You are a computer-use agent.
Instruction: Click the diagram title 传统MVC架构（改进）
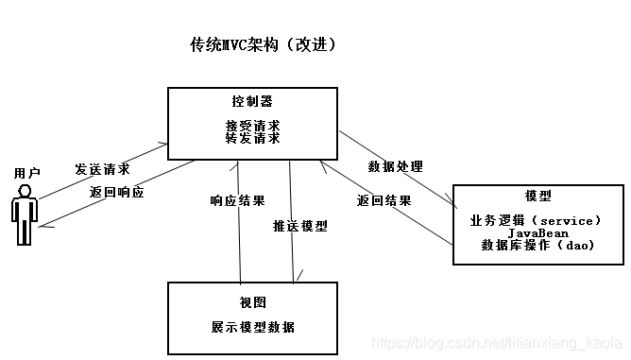263,45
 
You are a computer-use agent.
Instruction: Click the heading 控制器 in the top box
252,101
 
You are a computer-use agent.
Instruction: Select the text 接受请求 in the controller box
252,125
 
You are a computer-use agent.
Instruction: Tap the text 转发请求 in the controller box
252,138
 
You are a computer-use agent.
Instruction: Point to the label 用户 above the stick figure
27,174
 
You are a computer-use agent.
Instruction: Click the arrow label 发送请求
102,169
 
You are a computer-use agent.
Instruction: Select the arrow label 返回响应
117,192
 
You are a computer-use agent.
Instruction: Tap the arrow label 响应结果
237,200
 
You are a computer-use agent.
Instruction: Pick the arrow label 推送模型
300,226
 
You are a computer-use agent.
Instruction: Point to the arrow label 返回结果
384,200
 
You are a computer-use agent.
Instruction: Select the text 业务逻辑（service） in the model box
535,220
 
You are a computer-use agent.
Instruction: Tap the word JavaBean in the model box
535,232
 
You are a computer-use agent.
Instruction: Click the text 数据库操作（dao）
535,245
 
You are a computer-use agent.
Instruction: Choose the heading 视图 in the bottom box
252,302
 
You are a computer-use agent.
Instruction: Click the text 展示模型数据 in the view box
252,327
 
